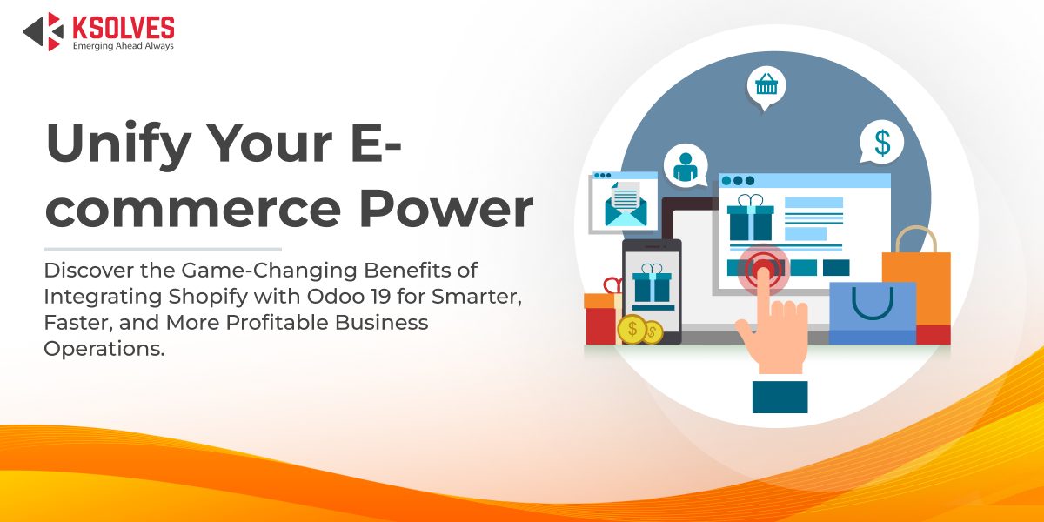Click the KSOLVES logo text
123,27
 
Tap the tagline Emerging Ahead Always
123,45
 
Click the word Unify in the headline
110,144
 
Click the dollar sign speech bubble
881,142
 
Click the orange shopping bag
916,283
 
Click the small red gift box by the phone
600,316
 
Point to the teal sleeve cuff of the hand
780,396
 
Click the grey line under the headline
163,249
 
